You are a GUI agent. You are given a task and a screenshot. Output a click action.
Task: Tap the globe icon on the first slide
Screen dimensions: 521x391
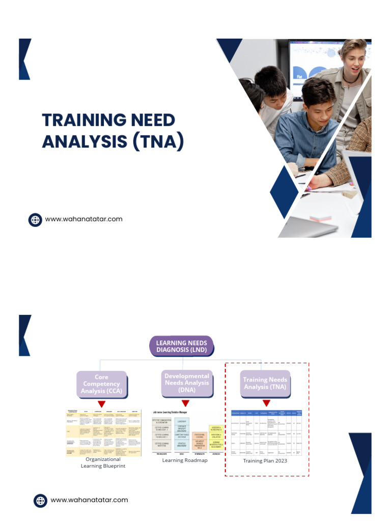(35, 220)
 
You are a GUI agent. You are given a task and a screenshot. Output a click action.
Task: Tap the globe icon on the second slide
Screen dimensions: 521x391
(40, 500)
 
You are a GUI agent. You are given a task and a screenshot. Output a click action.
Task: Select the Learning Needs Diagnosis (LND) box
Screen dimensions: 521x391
(181, 346)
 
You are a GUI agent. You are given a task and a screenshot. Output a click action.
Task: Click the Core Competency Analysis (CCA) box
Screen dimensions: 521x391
(101, 384)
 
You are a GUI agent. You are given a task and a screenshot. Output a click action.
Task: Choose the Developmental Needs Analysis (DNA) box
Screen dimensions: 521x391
(186, 383)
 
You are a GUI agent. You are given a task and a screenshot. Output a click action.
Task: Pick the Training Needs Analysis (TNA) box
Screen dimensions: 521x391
(265, 384)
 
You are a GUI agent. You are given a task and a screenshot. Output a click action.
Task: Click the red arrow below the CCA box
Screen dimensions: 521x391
(101, 404)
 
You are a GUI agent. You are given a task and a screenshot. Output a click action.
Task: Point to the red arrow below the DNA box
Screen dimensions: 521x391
(185, 403)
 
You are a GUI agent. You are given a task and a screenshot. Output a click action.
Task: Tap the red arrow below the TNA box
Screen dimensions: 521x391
(266, 403)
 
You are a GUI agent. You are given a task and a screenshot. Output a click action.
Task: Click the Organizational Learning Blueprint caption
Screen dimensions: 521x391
(103, 462)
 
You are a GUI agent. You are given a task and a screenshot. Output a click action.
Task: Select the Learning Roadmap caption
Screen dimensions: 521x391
(185, 460)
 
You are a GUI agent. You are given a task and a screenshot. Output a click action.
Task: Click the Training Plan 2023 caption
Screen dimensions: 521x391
(265, 461)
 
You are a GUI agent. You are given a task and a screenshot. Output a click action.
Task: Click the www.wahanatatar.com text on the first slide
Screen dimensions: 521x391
(84, 219)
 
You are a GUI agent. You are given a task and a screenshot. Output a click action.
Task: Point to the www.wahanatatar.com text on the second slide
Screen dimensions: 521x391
(89, 500)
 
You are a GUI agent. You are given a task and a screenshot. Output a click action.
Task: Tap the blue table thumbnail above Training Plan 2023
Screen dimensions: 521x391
(266, 432)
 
